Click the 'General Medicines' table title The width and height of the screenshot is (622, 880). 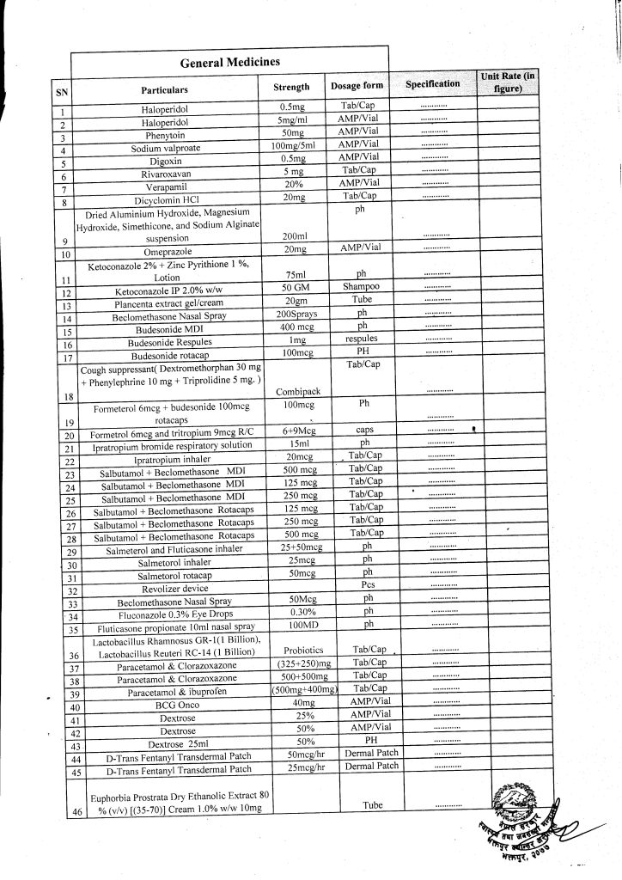229,63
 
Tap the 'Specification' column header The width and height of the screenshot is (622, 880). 432,84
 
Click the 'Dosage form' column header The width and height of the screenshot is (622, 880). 357,86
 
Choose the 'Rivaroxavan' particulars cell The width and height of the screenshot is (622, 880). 166,174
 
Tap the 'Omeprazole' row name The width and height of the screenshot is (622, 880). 166,250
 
